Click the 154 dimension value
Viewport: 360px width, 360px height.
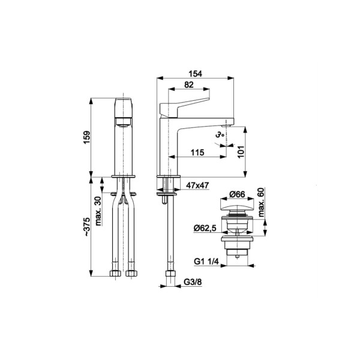click(x=196, y=74)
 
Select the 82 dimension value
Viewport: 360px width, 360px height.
click(x=189, y=85)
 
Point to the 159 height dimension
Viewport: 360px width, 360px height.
click(x=87, y=137)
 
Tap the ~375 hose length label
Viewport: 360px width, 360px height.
click(x=87, y=227)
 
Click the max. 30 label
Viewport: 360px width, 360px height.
click(x=98, y=211)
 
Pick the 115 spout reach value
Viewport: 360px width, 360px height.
click(x=197, y=152)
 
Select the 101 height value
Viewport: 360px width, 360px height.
click(x=241, y=152)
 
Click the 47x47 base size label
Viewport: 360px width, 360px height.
click(x=197, y=185)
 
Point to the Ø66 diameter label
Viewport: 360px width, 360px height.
click(x=237, y=194)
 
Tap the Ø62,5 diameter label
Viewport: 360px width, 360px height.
click(x=205, y=228)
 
